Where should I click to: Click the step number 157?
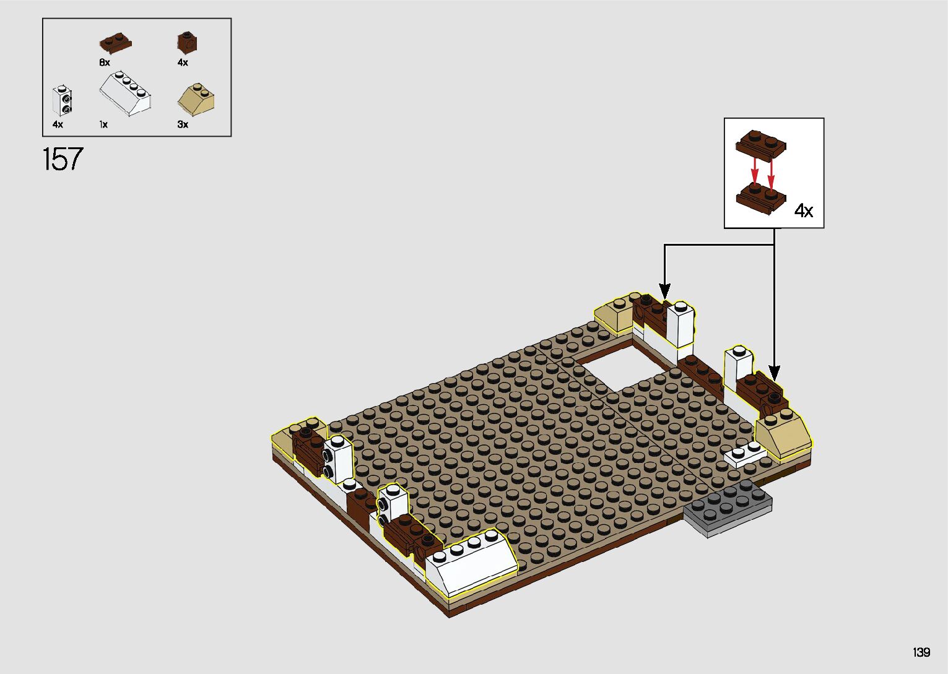coord(63,159)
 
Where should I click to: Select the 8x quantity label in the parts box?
coord(105,63)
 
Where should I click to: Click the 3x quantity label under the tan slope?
coord(183,124)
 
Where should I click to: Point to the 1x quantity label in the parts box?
coord(103,124)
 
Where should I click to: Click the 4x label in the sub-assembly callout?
coord(803,210)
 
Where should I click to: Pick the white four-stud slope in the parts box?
coord(125,93)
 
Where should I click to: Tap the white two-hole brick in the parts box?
coord(62,101)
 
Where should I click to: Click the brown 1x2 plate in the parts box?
coord(116,43)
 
